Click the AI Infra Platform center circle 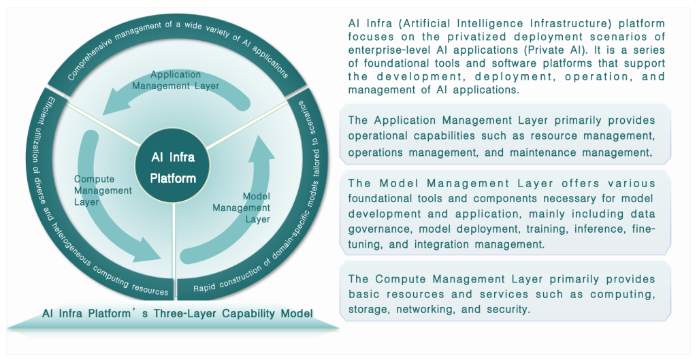coord(174,168)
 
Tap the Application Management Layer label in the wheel coord(176,80)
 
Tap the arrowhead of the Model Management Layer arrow coord(258,146)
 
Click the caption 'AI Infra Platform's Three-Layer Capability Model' coord(178,314)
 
